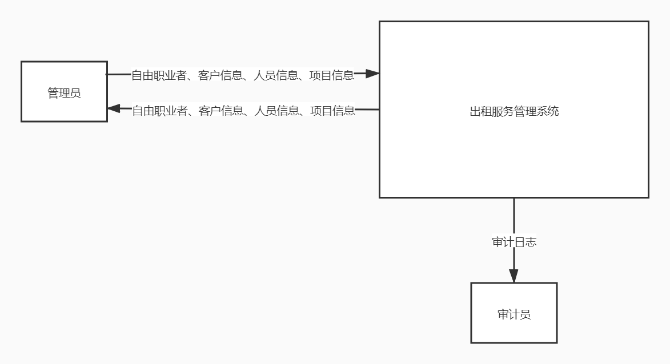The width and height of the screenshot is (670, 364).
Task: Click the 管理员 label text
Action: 64,93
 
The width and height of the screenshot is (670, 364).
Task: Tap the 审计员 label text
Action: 514,314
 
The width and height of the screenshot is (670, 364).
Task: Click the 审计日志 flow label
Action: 514,242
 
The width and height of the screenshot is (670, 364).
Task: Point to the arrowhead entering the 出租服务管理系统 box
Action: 372,74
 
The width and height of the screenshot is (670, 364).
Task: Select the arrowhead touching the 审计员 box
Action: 514,276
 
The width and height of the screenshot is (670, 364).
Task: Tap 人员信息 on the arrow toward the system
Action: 275,75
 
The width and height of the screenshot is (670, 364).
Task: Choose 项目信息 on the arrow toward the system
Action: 331,75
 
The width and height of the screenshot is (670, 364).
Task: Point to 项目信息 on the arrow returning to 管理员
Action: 332,111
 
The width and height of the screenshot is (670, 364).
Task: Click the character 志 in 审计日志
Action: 531,242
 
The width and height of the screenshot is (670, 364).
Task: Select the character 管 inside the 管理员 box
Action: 53,93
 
